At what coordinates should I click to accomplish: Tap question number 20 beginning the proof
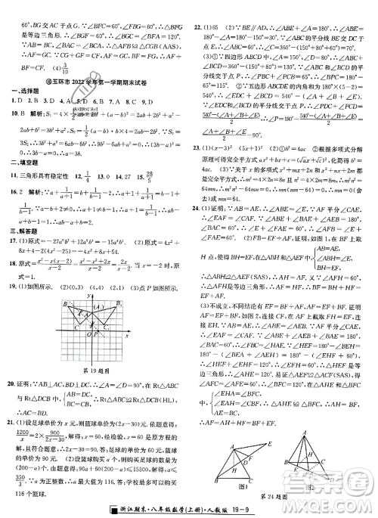(x=12, y=364)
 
